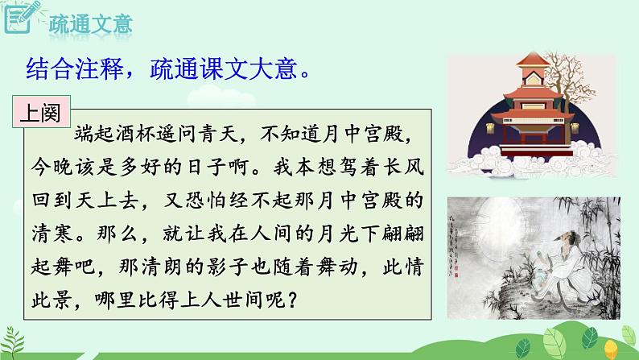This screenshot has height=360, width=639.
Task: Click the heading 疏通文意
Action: (x=85, y=22)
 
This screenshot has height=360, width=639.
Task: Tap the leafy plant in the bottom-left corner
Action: (x=20, y=342)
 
